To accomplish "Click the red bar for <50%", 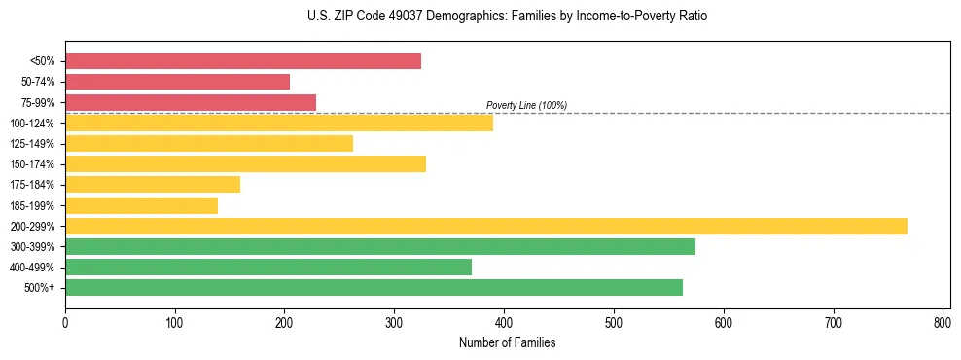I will click(x=243, y=61).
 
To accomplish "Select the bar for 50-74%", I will click(x=177, y=82).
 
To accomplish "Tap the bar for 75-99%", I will click(x=191, y=102).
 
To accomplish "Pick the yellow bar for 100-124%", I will click(x=279, y=123).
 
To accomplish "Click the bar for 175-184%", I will click(x=153, y=185).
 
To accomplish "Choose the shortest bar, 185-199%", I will click(x=141, y=205).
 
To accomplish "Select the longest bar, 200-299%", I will click(x=486, y=226).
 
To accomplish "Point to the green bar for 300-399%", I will click(x=380, y=246).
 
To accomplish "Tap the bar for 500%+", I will click(x=374, y=287).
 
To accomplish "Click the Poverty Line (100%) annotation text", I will click(x=526, y=105).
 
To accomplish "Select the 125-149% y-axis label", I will click(x=32, y=144).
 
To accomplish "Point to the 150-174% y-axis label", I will click(x=32, y=164).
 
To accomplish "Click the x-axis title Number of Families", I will click(x=507, y=342).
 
